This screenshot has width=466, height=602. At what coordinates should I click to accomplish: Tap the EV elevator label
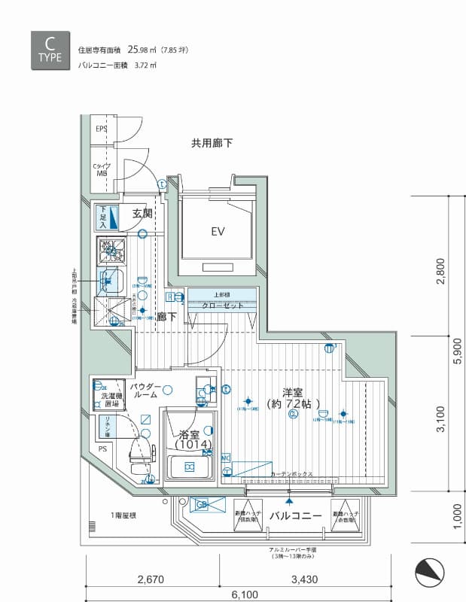pyautogui.click(x=218, y=231)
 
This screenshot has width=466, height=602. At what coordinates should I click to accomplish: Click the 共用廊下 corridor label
pyautogui.click(x=212, y=142)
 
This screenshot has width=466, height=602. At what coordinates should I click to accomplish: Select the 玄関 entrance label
pyautogui.click(x=142, y=214)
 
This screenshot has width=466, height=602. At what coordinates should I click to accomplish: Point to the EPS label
pyautogui.click(x=101, y=129)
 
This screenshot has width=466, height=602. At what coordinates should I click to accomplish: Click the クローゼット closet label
pyautogui.click(x=221, y=306)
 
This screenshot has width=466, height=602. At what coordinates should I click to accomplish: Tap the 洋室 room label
pyautogui.click(x=293, y=392)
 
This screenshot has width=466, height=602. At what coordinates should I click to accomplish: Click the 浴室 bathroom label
pyautogui.click(x=189, y=434)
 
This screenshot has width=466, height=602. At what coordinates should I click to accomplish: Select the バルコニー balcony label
pyautogui.click(x=296, y=515)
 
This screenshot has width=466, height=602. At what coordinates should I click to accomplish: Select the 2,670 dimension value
pyautogui.click(x=151, y=579)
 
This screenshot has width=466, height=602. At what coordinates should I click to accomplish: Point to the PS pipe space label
pyautogui.click(x=102, y=450)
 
